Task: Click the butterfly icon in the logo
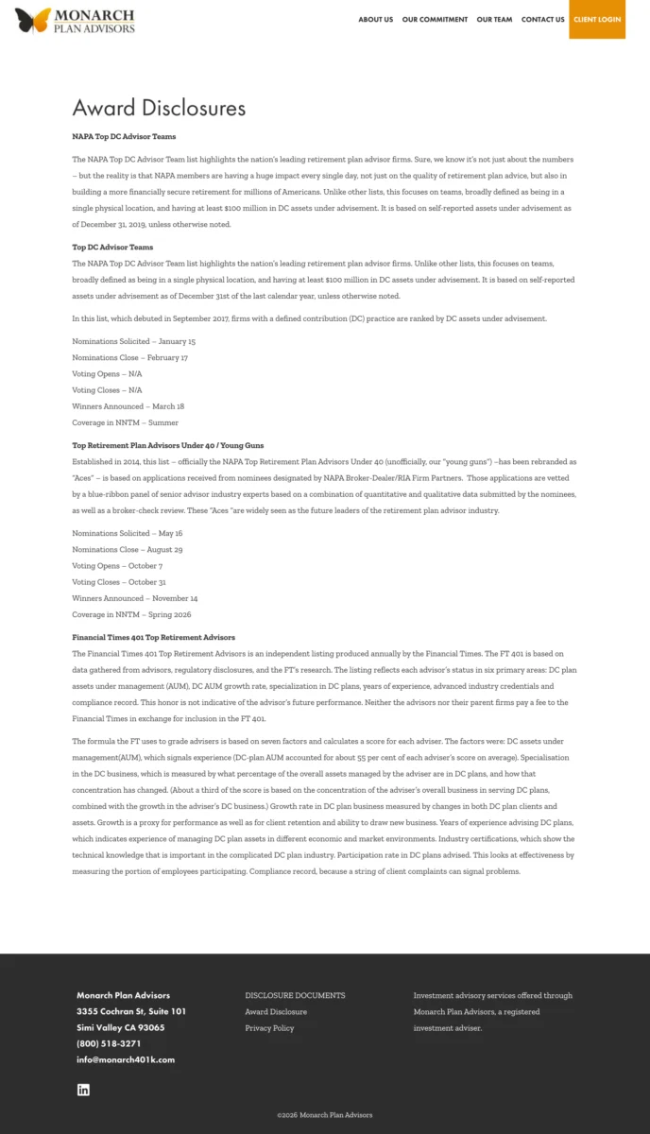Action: click(33, 20)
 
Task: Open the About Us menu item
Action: click(375, 20)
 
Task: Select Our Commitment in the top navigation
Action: click(435, 20)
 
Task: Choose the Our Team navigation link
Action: click(494, 20)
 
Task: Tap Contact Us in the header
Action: click(542, 20)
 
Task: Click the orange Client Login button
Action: click(597, 20)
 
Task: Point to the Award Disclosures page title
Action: click(159, 108)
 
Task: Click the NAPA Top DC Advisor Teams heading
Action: click(124, 137)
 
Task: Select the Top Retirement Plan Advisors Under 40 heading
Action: click(168, 445)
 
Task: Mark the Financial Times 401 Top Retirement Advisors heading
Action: click(154, 638)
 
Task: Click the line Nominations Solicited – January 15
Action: click(134, 341)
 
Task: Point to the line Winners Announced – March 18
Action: click(128, 406)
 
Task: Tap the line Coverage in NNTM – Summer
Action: click(125, 422)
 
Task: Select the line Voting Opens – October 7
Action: click(117, 566)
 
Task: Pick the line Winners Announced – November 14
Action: click(135, 598)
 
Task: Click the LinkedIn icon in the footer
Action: click(83, 1090)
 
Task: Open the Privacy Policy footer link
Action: click(269, 1028)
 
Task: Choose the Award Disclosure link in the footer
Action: click(276, 1012)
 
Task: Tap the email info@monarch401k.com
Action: click(126, 1060)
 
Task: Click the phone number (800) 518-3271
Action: click(109, 1044)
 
